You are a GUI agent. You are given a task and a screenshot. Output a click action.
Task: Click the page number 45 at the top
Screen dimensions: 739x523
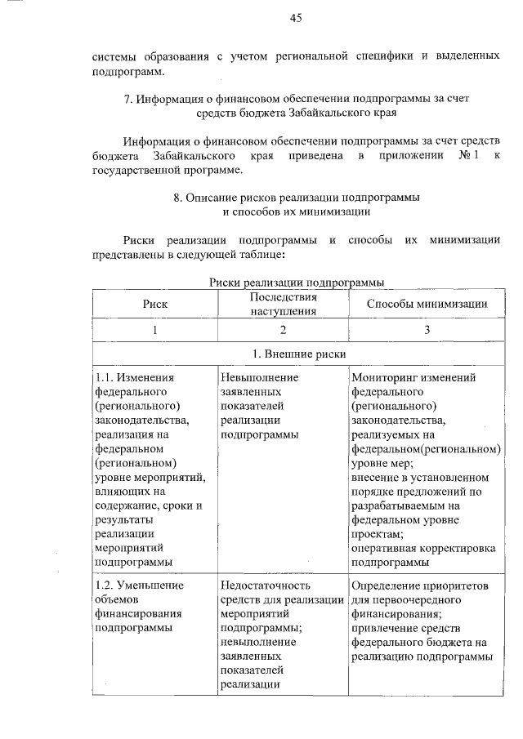296,18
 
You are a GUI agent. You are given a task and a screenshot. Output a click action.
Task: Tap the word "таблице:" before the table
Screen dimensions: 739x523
257,256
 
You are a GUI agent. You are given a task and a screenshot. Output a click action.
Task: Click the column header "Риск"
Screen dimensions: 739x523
154,304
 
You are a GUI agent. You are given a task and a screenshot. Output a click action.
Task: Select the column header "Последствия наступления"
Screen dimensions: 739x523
283,304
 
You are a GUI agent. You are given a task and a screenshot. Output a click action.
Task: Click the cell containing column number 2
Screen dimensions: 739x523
283,330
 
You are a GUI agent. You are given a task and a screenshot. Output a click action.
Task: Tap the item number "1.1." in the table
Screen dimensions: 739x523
105,378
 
